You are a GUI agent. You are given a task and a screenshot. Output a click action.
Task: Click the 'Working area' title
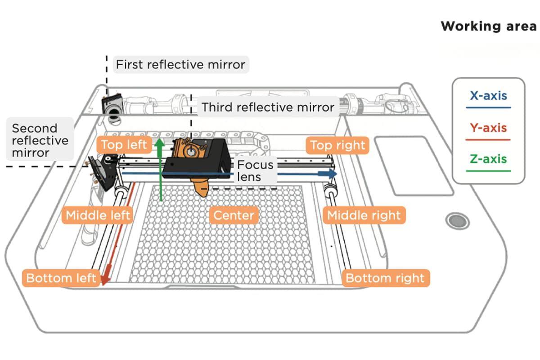coord(488,26)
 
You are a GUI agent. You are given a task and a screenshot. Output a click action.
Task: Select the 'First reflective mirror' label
coord(180,65)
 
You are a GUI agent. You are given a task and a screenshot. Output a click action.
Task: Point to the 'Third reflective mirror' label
coord(268,108)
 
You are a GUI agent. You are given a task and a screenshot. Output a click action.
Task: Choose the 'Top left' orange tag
coord(124,145)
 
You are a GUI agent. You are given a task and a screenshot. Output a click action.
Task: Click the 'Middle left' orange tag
coord(98,215)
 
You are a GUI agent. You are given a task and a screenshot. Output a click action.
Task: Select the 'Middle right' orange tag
coord(364,215)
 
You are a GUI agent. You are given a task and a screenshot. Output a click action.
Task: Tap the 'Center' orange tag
coord(234,215)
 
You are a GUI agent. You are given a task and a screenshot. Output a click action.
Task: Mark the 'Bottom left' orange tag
coord(62,278)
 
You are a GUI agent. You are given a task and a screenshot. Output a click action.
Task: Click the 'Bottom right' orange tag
coord(385,278)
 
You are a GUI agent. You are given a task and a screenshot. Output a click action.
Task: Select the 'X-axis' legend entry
coord(488,96)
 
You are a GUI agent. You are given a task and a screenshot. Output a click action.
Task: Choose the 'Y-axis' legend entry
coord(488,128)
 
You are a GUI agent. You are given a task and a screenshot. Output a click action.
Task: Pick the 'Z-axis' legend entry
coord(488,159)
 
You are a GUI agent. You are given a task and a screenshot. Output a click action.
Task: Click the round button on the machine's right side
coord(454,220)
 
